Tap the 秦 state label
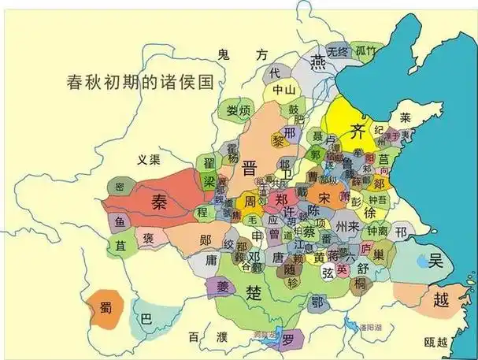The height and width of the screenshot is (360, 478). tap(161, 200)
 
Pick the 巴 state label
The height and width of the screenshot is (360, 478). tap(146, 321)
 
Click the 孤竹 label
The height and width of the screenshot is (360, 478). tap(366, 51)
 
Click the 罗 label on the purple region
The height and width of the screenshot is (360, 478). tap(289, 340)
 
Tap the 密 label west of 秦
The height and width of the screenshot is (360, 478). tap(120, 187)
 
